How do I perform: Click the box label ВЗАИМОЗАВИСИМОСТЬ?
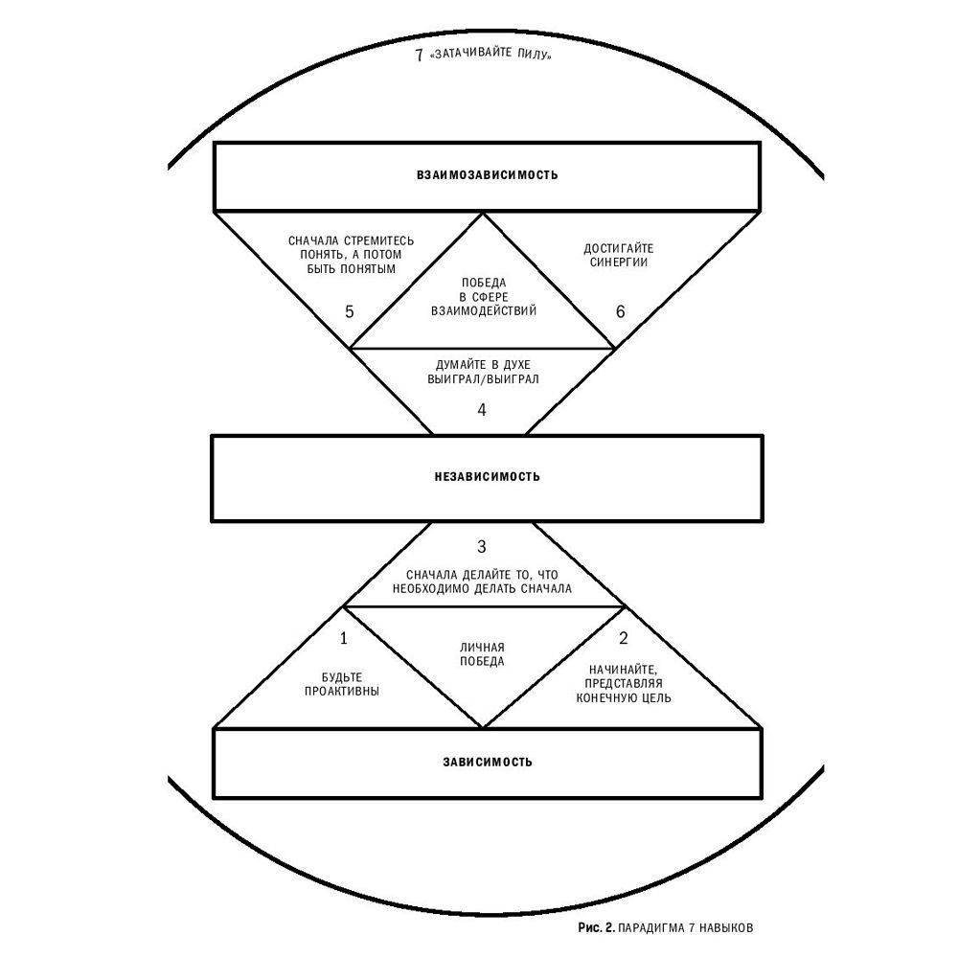pyautogui.click(x=487, y=176)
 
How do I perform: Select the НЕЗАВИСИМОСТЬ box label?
pyautogui.click(x=487, y=476)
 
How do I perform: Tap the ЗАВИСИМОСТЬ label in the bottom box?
pyautogui.click(x=488, y=763)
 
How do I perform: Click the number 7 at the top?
pyautogui.click(x=419, y=55)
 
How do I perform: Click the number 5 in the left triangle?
pyautogui.click(x=349, y=312)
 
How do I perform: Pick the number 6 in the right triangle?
pyautogui.click(x=619, y=312)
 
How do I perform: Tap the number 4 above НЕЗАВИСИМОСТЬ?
pyautogui.click(x=482, y=409)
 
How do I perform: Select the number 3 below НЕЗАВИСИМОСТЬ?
pyautogui.click(x=482, y=547)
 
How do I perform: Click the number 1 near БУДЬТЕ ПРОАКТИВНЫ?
pyautogui.click(x=344, y=637)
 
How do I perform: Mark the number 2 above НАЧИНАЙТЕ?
pyautogui.click(x=624, y=637)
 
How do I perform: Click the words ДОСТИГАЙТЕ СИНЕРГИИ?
pyautogui.click(x=618, y=255)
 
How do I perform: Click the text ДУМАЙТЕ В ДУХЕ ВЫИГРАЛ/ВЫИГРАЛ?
pyautogui.click(x=483, y=372)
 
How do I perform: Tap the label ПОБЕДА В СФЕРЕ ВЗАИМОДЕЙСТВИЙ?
pyautogui.click(x=483, y=297)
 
